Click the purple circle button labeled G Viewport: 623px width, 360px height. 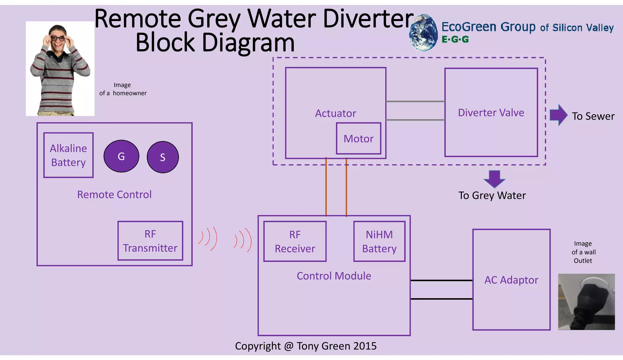(121, 156)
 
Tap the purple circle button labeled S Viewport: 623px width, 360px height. (163, 157)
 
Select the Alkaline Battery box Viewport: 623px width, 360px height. (68, 155)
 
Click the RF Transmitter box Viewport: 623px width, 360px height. (150, 241)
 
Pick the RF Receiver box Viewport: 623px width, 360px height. (295, 241)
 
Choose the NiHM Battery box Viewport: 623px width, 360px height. (379, 241)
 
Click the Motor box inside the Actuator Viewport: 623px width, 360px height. (358, 139)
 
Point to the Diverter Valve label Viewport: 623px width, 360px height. (491, 112)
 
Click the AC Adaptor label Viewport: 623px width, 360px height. (511, 280)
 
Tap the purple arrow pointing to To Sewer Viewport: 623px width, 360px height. (559, 115)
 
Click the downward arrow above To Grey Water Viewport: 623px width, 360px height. (494, 179)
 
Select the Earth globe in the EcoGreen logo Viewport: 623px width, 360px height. (423, 33)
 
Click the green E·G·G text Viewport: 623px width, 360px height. (455, 40)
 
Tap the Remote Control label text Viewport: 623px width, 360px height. (114, 195)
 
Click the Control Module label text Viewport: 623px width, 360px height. (334, 276)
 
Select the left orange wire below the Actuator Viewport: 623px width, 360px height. (326, 187)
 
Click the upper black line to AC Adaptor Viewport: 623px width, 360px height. (441, 280)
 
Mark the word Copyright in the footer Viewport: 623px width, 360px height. (258, 346)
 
